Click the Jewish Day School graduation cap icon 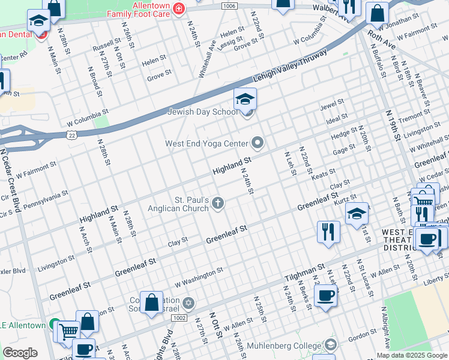(245, 99)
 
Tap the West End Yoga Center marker (258, 143)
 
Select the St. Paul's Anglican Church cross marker (217, 204)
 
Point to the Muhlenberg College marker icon (330, 344)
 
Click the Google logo (20, 353)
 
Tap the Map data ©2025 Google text (411, 355)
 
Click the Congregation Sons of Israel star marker (188, 302)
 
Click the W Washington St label (199, 277)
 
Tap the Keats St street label (324, 173)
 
